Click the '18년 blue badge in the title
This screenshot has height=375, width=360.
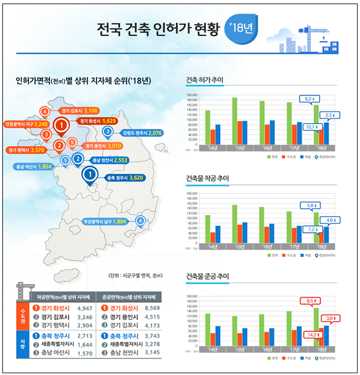pos(241,27)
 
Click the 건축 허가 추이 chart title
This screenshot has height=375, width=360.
pos(204,80)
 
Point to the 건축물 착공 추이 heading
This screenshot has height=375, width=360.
pos(207,177)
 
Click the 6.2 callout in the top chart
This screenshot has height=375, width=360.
pos(311,98)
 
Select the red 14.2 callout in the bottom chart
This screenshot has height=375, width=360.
pos(311,334)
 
